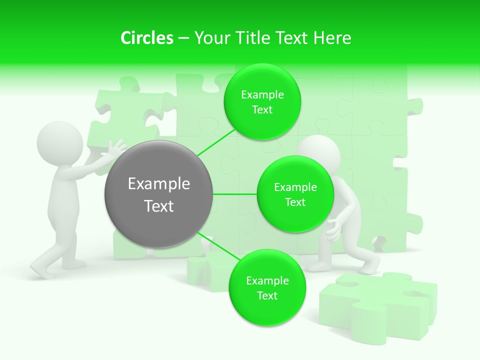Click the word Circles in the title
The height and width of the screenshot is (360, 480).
(x=146, y=38)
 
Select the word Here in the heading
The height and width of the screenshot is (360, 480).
(x=332, y=38)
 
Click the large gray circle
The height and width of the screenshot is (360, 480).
(x=159, y=194)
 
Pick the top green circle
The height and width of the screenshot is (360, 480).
(x=262, y=102)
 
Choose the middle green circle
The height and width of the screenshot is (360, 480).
(x=295, y=194)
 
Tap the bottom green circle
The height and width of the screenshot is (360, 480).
(x=267, y=287)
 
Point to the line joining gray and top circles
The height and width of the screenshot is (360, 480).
(x=216, y=143)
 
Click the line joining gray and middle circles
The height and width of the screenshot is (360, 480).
(x=235, y=194)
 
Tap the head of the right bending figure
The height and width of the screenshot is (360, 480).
(x=320, y=152)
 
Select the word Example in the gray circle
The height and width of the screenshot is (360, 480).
(x=159, y=184)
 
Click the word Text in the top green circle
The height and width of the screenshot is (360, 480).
(x=262, y=110)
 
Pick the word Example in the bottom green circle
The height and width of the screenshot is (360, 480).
(x=267, y=280)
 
